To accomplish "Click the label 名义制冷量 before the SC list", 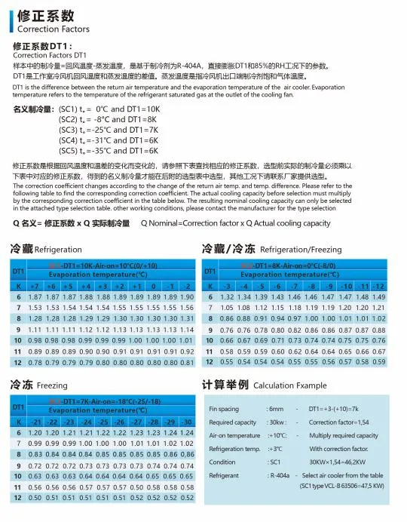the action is pos(34,109).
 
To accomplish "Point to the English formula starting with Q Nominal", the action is pos(236,223).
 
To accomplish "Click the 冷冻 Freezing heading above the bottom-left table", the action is pos(38,385).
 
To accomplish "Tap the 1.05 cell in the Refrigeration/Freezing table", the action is pos(224,308).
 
